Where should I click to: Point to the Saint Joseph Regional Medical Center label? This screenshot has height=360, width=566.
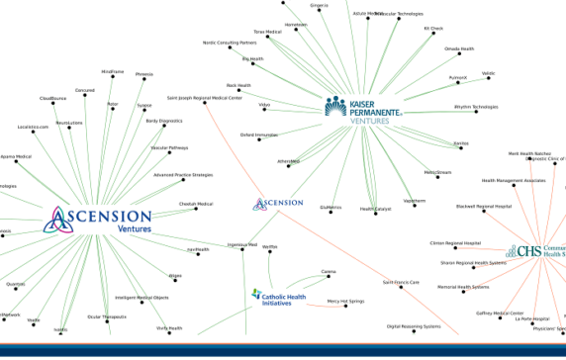click(204, 98)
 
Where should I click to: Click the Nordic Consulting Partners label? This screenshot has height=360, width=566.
click(229, 43)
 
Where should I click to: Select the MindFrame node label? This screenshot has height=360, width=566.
click(113, 71)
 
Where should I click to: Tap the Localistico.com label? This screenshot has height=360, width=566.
click(33, 127)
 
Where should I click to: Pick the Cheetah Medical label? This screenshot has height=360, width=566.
click(195, 204)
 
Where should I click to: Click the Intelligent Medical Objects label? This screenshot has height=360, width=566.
click(141, 298)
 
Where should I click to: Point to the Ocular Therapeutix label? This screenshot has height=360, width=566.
click(107, 316)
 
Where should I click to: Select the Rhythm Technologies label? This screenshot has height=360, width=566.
click(476, 106)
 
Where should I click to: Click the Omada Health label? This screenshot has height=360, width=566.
click(459, 47)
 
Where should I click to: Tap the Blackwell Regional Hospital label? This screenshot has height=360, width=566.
click(484, 206)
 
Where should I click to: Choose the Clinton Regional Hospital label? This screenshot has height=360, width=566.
click(455, 242)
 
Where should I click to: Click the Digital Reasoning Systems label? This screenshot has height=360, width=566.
click(414, 325)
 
